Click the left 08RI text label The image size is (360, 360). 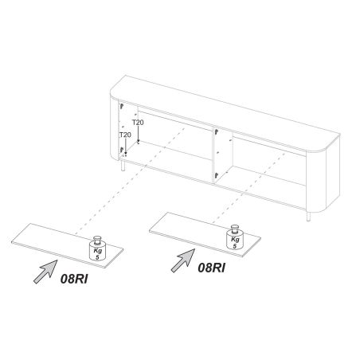[74, 279]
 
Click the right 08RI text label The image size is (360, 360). [211, 268]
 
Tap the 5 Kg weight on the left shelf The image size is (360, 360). [97, 248]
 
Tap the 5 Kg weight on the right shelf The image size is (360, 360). [235, 237]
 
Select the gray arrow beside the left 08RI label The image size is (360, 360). [45, 272]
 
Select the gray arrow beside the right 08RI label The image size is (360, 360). [183, 260]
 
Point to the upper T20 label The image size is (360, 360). [138, 123]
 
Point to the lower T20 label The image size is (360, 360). [125, 135]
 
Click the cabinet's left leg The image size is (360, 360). [123, 165]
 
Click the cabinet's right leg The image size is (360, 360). [308, 216]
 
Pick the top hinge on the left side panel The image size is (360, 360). [122, 107]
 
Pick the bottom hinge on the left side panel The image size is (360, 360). [122, 150]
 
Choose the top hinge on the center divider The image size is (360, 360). [217, 131]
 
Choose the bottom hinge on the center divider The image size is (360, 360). [217, 175]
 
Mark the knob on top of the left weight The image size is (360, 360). [97, 239]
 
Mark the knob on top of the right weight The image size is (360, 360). [235, 229]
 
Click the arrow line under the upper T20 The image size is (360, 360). [138, 134]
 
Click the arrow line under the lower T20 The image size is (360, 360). [126, 146]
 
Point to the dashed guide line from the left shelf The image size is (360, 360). [130, 181]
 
